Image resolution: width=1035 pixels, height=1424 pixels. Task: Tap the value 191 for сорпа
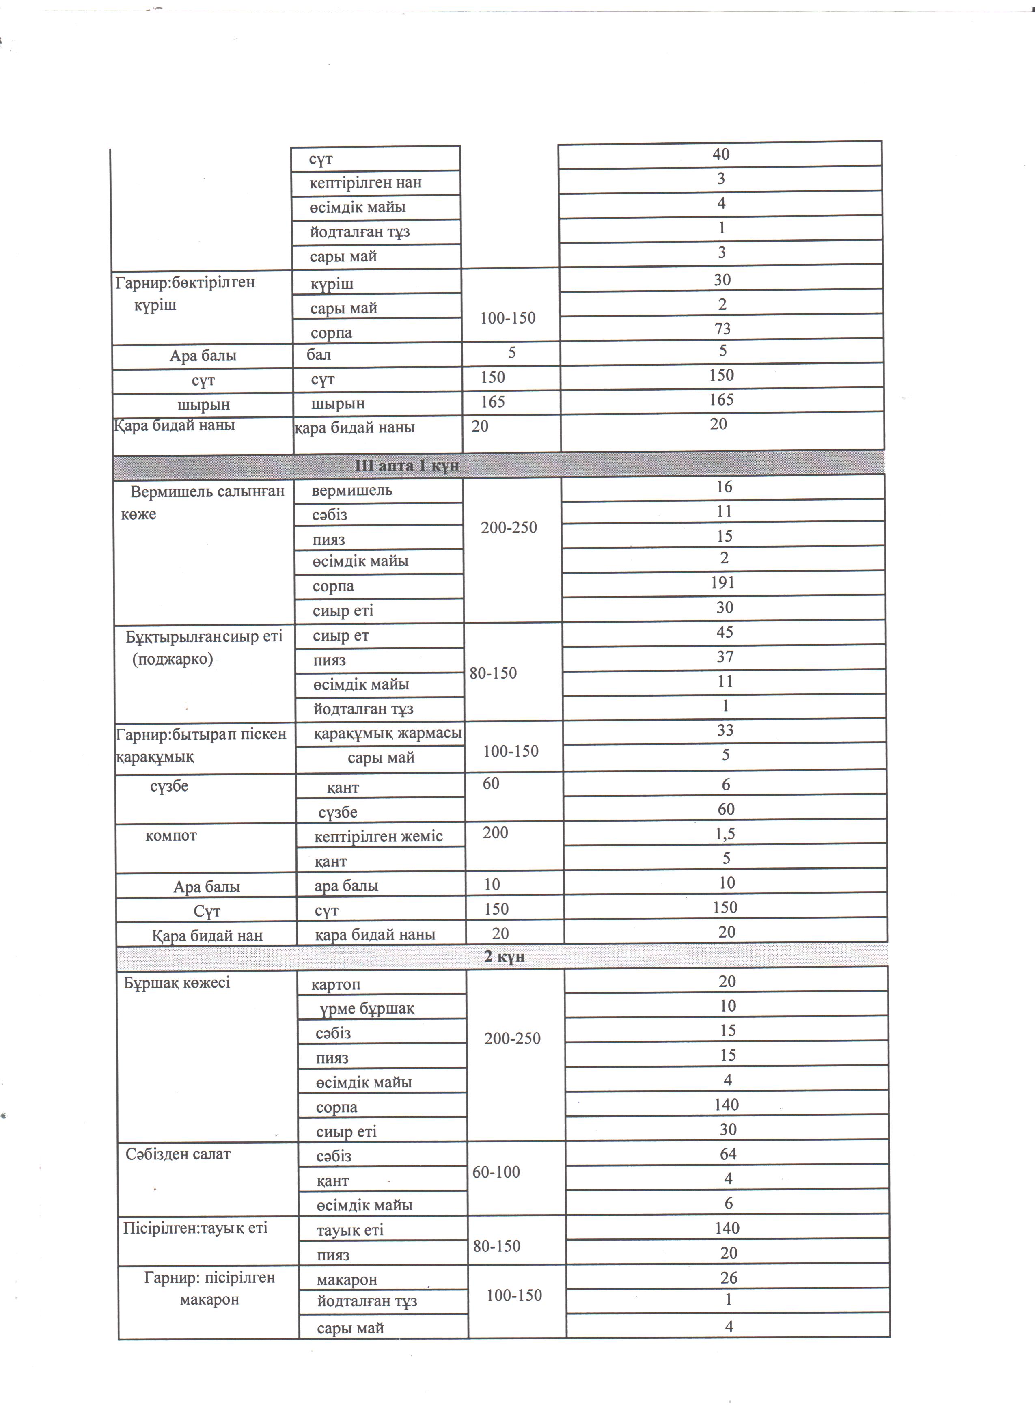723,583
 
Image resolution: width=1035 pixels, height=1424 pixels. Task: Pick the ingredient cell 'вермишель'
352,490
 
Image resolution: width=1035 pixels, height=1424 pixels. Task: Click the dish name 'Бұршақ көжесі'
177,983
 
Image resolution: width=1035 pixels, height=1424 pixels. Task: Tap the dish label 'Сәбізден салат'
178,1154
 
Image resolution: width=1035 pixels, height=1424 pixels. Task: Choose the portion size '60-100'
496,1172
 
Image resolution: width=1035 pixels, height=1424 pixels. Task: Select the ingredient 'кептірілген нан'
365,183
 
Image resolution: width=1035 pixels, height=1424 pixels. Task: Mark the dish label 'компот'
171,836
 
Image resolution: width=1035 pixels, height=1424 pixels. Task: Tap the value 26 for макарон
729,1278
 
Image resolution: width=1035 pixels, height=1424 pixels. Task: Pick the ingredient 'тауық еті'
349,1230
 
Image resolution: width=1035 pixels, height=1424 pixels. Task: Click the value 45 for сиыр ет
725,632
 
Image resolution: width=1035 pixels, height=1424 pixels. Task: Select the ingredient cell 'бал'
319,355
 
